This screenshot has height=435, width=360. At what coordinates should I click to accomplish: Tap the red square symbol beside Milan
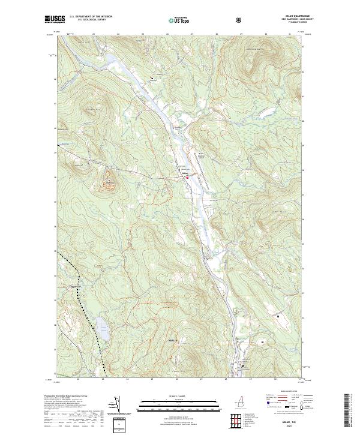187,177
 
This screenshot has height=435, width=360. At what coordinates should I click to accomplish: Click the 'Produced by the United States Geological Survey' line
66,395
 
